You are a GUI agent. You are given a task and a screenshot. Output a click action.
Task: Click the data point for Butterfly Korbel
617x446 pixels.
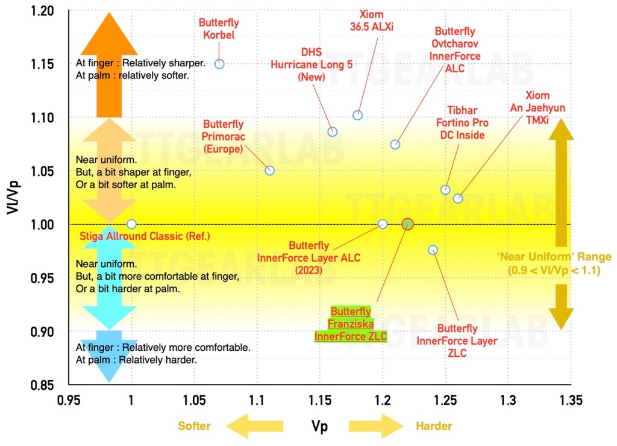220,64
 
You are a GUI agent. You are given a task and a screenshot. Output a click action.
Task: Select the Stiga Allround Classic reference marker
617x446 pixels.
131,224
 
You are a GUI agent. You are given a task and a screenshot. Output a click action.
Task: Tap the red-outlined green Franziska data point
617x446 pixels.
407,224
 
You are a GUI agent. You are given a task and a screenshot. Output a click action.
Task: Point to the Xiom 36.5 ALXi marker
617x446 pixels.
357,115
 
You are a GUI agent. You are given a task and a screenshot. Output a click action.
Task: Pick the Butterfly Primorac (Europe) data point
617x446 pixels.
270,171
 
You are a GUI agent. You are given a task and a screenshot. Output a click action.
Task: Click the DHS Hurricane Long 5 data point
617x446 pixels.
332,131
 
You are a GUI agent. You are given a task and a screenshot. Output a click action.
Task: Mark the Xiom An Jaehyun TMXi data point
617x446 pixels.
458,198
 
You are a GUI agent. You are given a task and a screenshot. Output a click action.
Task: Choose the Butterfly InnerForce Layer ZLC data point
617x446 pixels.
433,250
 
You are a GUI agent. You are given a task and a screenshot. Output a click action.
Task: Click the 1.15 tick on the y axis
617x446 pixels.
42,64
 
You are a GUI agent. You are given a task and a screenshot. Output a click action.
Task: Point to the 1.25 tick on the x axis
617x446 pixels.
445,401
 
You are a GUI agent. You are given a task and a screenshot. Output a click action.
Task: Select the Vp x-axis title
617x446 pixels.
320,426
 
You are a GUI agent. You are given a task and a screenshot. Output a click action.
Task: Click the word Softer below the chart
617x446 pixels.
194,426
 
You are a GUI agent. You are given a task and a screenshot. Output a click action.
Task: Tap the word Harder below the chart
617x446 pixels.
434,426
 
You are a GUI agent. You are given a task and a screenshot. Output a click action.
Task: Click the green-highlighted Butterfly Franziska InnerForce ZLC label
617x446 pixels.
351,324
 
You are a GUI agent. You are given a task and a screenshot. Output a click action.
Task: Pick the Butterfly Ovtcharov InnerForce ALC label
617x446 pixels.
455,49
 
